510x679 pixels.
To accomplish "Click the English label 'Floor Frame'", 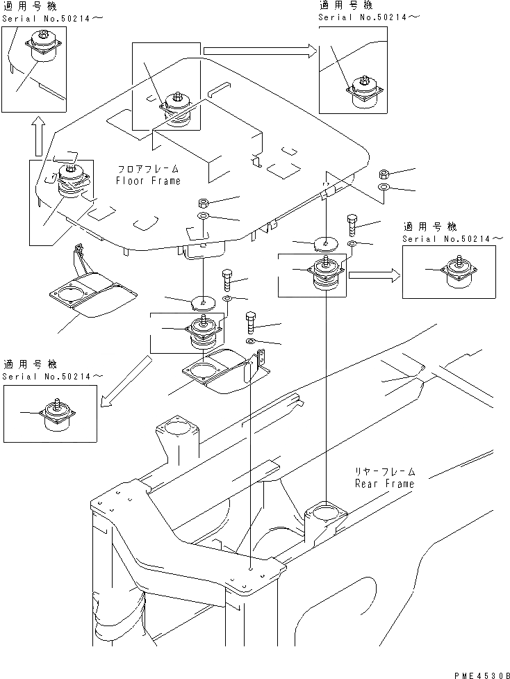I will pyautogui.click(x=148, y=181).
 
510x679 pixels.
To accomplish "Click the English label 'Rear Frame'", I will pyautogui.click(x=384, y=483).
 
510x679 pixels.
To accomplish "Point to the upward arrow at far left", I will pyautogui.click(x=38, y=135).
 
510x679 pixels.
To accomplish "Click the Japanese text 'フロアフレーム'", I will pyautogui.click(x=148, y=169).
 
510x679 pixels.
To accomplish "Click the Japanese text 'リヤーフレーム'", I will pyautogui.click(x=384, y=471).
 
